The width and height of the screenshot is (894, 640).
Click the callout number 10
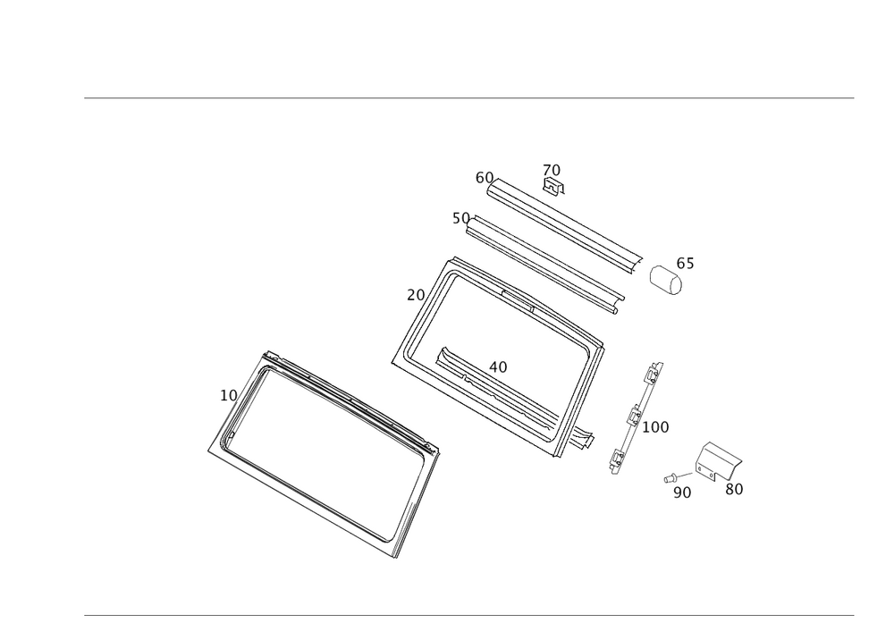click(227, 394)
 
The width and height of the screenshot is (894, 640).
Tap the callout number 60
click(484, 178)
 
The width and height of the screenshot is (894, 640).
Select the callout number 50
click(460, 218)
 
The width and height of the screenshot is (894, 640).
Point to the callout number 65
click(685, 264)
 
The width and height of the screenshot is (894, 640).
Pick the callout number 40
click(498, 366)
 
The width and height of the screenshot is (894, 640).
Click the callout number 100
click(656, 427)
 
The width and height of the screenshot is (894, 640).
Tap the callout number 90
click(682, 492)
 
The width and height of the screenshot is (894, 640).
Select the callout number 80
click(735, 489)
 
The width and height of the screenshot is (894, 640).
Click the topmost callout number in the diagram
click(552, 169)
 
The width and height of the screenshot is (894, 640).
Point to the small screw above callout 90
click(673, 477)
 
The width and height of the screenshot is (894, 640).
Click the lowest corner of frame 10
click(393, 555)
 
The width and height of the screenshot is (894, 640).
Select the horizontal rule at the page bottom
click(468, 614)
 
